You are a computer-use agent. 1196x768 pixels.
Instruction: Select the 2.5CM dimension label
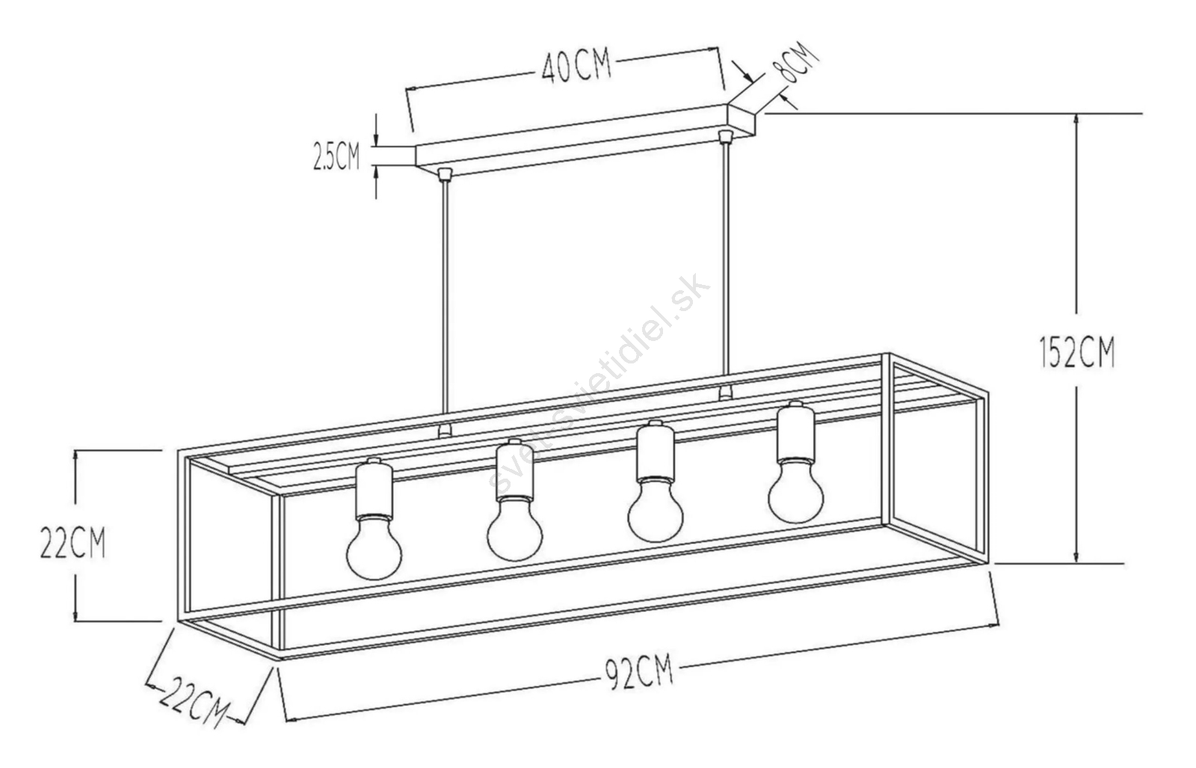(x=336, y=156)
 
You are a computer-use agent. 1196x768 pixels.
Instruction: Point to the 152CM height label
(x=1077, y=351)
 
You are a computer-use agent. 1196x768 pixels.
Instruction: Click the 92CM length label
(x=639, y=673)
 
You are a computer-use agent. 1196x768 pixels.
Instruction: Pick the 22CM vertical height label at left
(x=73, y=542)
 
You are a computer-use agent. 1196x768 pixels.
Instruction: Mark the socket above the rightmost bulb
(x=795, y=431)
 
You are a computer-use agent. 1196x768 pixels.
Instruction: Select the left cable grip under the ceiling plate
(x=444, y=174)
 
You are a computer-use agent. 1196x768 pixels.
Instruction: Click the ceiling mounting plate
(x=585, y=140)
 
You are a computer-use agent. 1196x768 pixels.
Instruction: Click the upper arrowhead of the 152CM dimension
(x=1076, y=120)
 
